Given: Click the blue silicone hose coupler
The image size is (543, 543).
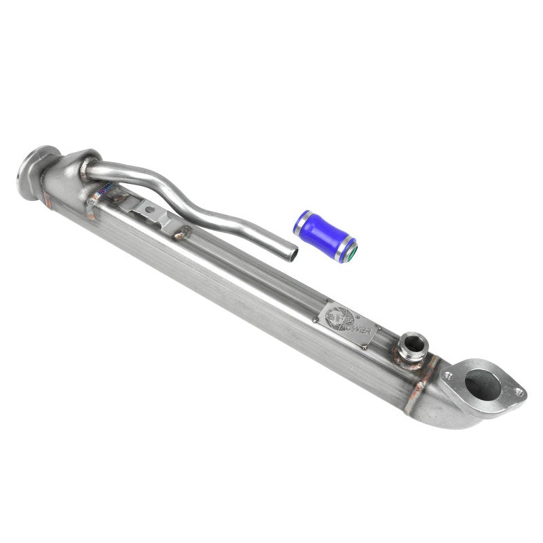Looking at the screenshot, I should pos(324,235).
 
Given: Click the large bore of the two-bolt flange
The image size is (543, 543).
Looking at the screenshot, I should pos(483,386).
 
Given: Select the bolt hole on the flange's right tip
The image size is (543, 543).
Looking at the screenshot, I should pos(519,392).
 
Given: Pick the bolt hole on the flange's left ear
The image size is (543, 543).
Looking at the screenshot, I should pos(447,374).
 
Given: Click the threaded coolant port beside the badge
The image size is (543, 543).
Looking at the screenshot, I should pos(413,343).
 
